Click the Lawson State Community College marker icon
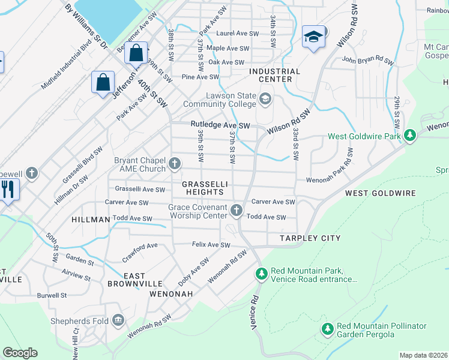(265, 98)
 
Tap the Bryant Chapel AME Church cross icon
(175, 163)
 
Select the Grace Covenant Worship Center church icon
(237, 211)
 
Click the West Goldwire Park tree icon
(410, 136)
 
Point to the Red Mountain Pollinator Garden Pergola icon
(327, 329)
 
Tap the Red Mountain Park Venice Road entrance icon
(261, 274)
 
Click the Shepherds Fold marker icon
(118, 321)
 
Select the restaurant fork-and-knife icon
(7, 190)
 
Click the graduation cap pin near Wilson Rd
(313, 37)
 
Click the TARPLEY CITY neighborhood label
(310, 238)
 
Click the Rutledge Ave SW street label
(220, 125)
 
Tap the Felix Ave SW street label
(211, 245)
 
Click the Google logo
(20, 353)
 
